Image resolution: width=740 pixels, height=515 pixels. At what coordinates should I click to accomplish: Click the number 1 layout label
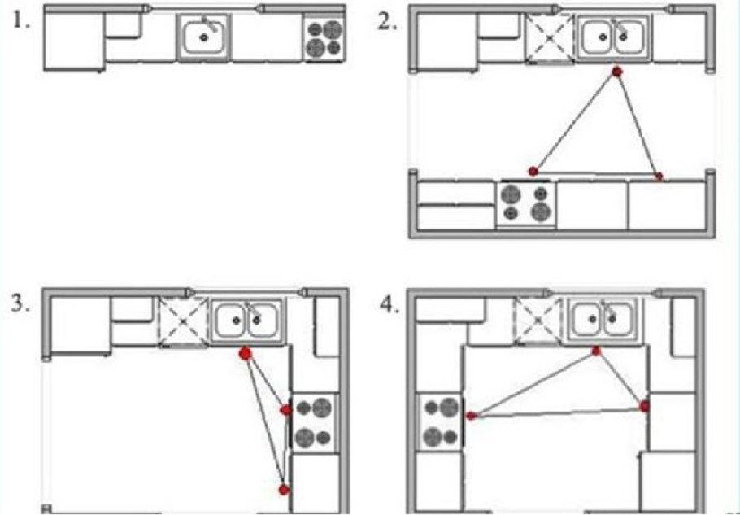[20, 22]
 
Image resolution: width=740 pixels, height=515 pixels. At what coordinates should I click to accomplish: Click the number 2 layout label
[387, 22]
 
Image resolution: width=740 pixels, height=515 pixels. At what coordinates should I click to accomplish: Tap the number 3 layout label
[20, 303]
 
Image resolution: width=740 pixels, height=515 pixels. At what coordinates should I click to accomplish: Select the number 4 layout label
[390, 305]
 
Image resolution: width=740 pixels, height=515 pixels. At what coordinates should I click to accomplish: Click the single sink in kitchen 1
[204, 37]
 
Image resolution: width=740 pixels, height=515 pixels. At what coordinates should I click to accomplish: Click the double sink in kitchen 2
[613, 37]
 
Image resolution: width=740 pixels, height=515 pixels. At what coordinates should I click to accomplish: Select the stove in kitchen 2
[527, 204]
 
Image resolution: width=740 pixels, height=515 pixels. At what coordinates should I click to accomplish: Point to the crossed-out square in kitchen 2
[550, 38]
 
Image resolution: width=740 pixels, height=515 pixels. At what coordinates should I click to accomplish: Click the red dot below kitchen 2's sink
[617, 72]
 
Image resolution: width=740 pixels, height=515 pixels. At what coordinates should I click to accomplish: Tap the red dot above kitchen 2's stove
[533, 172]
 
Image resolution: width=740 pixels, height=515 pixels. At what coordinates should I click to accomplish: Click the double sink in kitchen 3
[246, 321]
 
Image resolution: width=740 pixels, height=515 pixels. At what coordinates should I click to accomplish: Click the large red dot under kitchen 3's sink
[246, 354]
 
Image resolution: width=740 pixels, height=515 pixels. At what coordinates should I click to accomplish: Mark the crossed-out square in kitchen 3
[183, 322]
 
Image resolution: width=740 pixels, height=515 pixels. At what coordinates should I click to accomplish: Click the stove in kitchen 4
[440, 422]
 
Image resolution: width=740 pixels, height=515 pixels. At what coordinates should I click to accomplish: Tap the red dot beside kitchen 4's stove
[471, 416]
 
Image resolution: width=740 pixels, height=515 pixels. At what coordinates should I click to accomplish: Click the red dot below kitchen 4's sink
[596, 351]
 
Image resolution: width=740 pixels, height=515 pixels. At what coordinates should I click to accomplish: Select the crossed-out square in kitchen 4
[539, 320]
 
